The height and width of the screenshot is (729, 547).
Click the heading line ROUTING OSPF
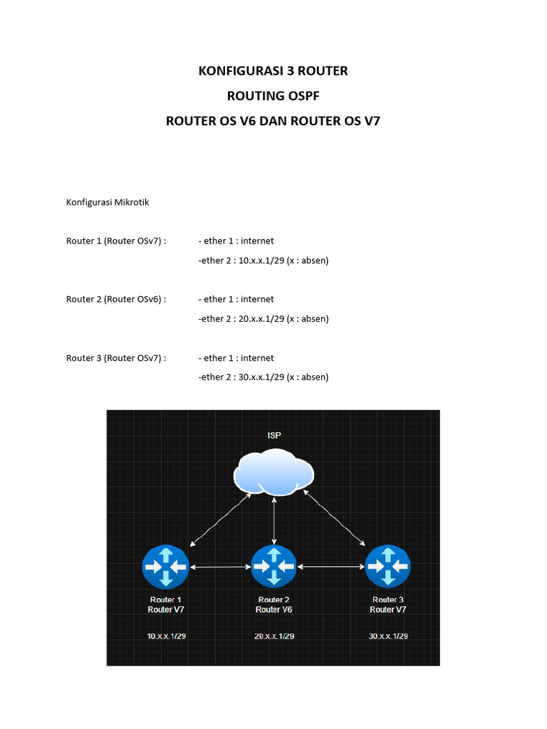pyautogui.click(x=273, y=96)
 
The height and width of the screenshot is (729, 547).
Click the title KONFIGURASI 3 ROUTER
pyautogui.click(x=273, y=71)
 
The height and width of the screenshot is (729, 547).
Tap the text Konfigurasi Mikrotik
pyautogui.click(x=108, y=202)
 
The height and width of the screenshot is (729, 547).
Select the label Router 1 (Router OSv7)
pyautogui.click(x=116, y=241)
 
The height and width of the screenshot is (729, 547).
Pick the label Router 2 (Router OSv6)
pyautogui.click(x=116, y=299)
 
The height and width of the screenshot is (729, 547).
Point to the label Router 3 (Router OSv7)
pyautogui.click(x=116, y=357)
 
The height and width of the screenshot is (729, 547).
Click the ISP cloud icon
pyautogui.click(x=274, y=472)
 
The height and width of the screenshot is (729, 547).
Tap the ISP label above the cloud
pyautogui.click(x=274, y=434)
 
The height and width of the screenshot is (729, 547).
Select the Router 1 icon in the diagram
pyautogui.click(x=165, y=567)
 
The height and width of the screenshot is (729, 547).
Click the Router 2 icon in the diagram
pyautogui.click(x=273, y=567)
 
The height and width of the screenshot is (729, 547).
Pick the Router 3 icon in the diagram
pyautogui.click(x=387, y=567)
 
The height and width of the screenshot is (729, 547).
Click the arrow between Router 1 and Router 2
pyautogui.click(x=219, y=567)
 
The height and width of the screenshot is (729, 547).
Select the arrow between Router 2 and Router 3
pyautogui.click(x=330, y=567)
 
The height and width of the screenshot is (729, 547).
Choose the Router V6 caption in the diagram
pyautogui.click(x=273, y=609)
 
